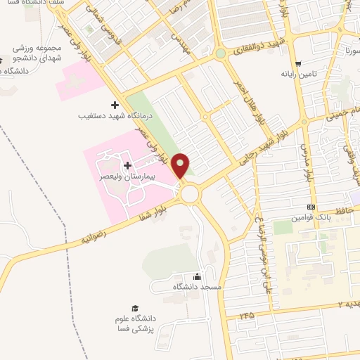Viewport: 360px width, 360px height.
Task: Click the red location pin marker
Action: pyautogui.click(x=181, y=165)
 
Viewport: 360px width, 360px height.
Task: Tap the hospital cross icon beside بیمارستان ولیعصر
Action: pyautogui.click(x=127, y=165)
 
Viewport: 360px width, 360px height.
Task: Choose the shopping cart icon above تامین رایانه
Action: pyautogui.click(x=299, y=62)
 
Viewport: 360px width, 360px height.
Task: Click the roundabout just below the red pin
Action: pyautogui.click(x=188, y=192)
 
